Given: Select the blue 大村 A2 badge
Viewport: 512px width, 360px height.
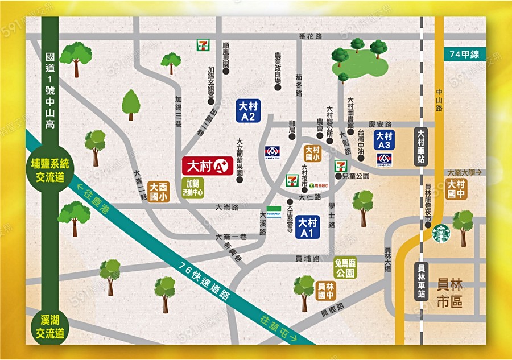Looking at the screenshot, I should (248, 111).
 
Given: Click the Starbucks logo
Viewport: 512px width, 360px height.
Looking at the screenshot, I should (441, 233).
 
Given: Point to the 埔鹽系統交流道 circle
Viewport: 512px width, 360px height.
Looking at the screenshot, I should (50, 170).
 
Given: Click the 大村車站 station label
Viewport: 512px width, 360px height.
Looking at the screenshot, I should (421, 147).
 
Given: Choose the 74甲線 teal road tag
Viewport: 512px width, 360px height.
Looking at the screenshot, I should (466, 55).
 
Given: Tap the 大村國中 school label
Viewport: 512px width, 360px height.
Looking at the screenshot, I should (456, 188).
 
